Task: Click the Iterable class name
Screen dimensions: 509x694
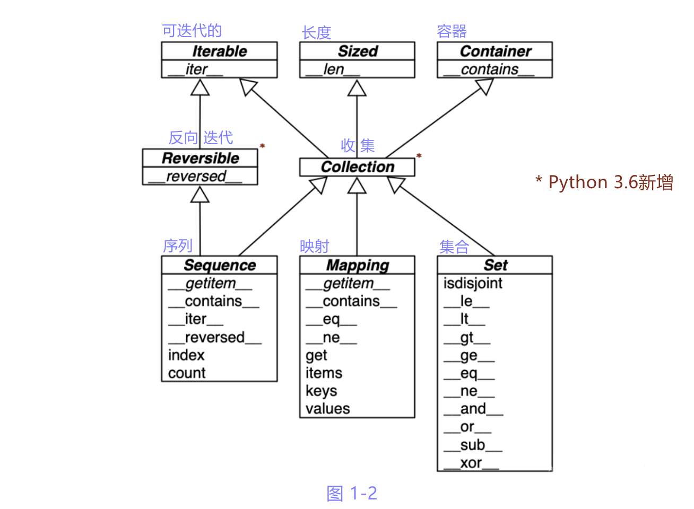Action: point(219,51)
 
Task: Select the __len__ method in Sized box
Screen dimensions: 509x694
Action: point(333,69)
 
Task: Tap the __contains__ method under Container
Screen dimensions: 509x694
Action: point(489,69)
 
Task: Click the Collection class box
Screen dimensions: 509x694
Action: point(357,167)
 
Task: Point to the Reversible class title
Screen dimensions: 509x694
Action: point(200,158)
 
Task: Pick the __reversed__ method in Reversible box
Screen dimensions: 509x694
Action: point(195,177)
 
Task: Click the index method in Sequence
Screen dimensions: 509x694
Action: point(186,355)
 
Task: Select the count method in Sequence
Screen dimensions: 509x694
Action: point(186,373)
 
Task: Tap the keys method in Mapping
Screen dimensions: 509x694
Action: point(321,391)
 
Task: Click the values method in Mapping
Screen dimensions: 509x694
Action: point(327,409)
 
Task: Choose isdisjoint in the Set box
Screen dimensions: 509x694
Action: point(472,283)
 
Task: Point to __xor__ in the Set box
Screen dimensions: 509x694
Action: point(471,463)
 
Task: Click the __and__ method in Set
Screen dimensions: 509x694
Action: point(473,409)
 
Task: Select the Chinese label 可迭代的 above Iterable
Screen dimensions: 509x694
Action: point(192,31)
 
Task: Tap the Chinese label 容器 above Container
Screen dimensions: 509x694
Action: point(452,31)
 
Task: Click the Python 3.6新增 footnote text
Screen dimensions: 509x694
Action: point(605,182)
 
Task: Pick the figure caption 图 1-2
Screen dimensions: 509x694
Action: point(352,493)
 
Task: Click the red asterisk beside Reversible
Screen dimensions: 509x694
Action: point(262,146)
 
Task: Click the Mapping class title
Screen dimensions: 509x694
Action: point(357,265)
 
